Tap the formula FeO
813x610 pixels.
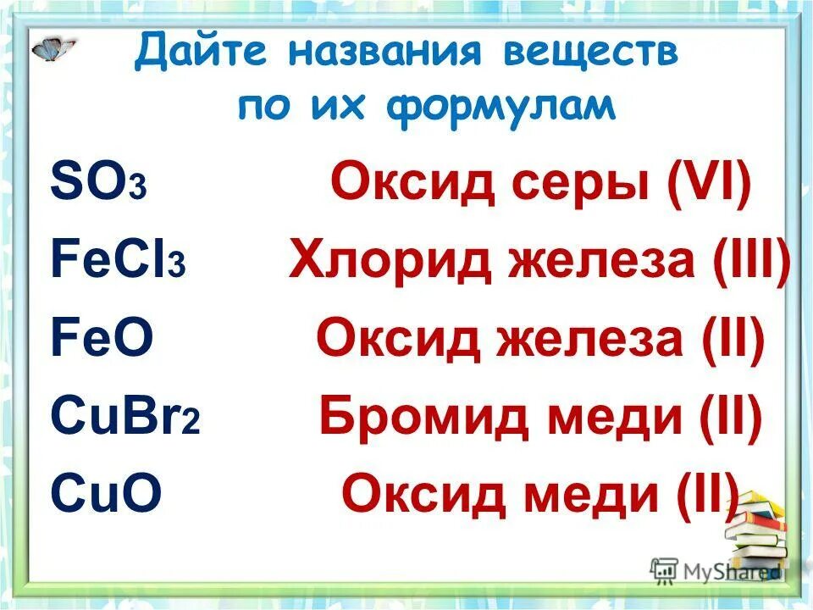[x=102, y=340]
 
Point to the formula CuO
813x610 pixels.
[x=106, y=495]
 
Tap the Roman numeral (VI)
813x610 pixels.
[x=710, y=183]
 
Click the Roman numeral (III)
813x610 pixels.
[x=747, y=261]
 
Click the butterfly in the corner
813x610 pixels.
[x=53, y=48]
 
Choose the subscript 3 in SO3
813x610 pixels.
[x=139, y=191]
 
